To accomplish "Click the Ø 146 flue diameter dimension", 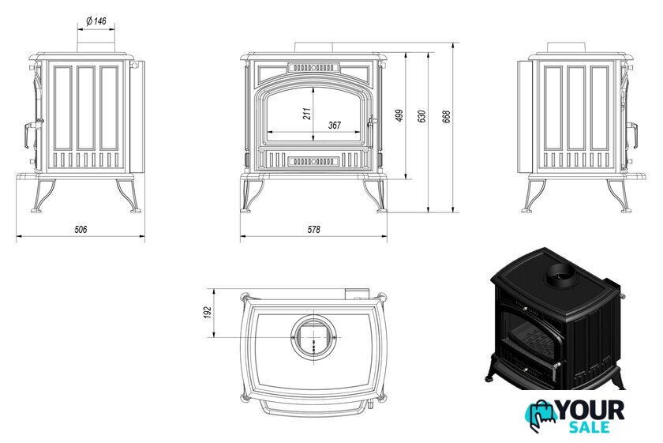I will [x=96, y=20].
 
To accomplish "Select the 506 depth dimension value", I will [x=81, y=229].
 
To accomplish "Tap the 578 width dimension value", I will [x=313, y=229].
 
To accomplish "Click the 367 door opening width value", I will [x=334, y=125].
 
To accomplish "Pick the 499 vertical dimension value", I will [x=399, y=115].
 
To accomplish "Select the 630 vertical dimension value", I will [x=421, y=115].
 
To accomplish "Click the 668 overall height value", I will [x=447, y=115].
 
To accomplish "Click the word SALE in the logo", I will [x=589, y=428].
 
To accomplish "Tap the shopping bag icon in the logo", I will [x=541, y=415].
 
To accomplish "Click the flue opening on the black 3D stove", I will [x=562, y=277].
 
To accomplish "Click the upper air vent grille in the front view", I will [x=314, y=68].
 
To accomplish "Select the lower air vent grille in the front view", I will [x=314, y=161].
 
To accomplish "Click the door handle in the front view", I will [x=369, y=123].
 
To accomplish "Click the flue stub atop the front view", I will [x=314, y=48].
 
